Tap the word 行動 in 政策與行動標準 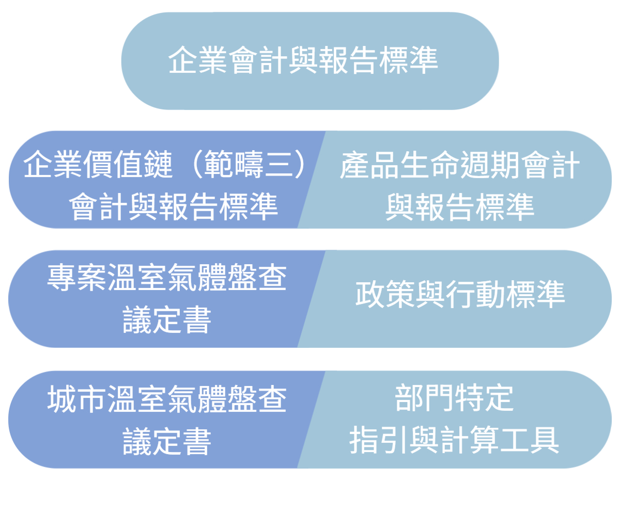click(x=476, y=296)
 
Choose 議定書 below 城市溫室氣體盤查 click(x=167, y=443)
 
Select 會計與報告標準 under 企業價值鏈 click(x=174, y=207)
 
